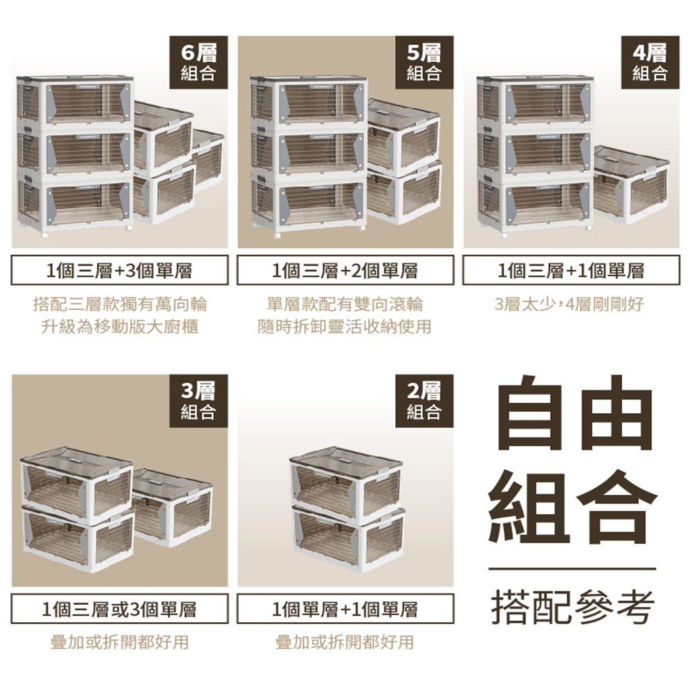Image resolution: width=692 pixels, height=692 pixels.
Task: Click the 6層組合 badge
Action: (x=199, y=63)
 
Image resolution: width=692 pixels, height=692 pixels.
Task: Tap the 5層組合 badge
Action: (x=424, y=63)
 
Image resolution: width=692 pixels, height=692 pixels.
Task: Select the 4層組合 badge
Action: (x=650, y=63)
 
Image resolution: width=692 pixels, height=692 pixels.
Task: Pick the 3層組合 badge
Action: (x=199, y=401)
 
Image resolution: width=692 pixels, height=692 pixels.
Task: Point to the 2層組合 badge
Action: (x=424, y=401)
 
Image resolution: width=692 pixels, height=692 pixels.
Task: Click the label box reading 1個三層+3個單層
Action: (x=120, y=270)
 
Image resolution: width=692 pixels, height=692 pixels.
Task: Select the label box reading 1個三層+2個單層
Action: (x=345, y=270)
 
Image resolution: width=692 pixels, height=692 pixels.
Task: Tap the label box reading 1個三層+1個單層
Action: (x=571, y=270)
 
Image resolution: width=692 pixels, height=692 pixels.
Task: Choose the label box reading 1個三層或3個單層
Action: (x=120, y=608)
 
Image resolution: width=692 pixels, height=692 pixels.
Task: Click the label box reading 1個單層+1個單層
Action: (x=345, y=608)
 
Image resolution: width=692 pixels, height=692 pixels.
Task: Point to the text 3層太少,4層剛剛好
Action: (x=570, y=304)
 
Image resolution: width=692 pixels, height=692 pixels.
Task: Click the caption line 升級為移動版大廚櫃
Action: (x=120, y=327)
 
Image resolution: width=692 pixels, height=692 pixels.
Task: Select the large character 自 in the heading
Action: (x=529, y=412)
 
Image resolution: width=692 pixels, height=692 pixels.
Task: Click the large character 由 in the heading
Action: (x=616, y=412)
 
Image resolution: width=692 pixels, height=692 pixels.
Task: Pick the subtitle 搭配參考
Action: (x=572, y=608)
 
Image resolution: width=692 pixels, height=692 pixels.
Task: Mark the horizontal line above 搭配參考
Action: (x=572, y=569)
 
